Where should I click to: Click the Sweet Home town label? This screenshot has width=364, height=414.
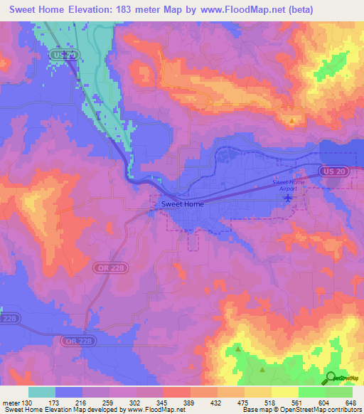pos(182,204)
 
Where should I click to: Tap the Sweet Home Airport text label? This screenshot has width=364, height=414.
pos(289,186)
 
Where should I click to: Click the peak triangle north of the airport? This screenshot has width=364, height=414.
pos(292,121)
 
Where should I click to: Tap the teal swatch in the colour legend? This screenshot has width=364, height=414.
pos(42,393)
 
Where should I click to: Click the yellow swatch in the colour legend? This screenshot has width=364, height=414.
pos(284,393)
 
